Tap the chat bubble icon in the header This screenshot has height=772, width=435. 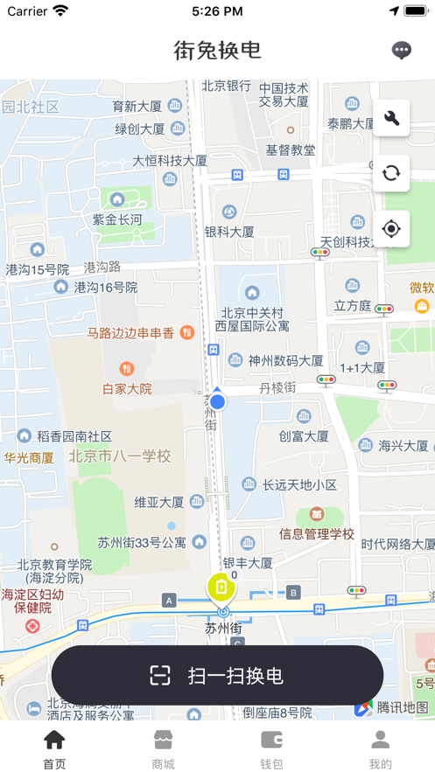point(402,50)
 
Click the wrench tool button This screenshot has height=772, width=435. point(391,118)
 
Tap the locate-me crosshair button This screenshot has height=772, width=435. point(391,229)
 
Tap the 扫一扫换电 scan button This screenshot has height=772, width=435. point(217,675)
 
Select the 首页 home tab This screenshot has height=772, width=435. point(54,749)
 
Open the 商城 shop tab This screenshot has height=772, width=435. point(163,749)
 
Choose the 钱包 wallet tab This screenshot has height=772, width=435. point(271,749)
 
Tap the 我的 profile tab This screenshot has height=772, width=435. point(380,749)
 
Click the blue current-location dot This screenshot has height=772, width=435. point(217,401)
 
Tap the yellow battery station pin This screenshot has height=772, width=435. point(221,588)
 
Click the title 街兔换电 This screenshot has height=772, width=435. point(217,50)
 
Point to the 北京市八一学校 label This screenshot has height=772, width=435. point(120,456)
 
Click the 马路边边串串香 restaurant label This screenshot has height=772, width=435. point(131,333)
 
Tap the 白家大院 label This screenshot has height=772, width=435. point(127,388)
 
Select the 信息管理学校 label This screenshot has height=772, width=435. point(317,533)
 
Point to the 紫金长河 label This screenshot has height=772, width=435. point(117,219)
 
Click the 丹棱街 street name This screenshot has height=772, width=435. point(277,387)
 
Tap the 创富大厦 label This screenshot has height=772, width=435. point(304,435)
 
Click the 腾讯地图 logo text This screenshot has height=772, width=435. point(403,707)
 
